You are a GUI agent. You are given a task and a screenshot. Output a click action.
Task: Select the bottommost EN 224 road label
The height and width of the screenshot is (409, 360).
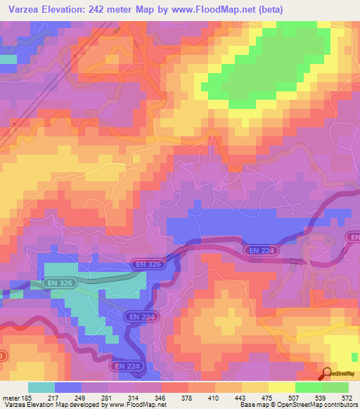point(126,366)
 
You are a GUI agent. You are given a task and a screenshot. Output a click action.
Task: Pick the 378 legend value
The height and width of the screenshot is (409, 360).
point(189,397)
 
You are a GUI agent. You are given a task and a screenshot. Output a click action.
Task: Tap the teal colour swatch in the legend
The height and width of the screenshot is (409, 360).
point(41,387)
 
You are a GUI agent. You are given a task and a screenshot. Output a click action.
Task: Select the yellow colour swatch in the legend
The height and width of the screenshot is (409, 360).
point(282,387)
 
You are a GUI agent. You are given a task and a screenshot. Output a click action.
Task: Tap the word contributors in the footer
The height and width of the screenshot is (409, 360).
point(341,405)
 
